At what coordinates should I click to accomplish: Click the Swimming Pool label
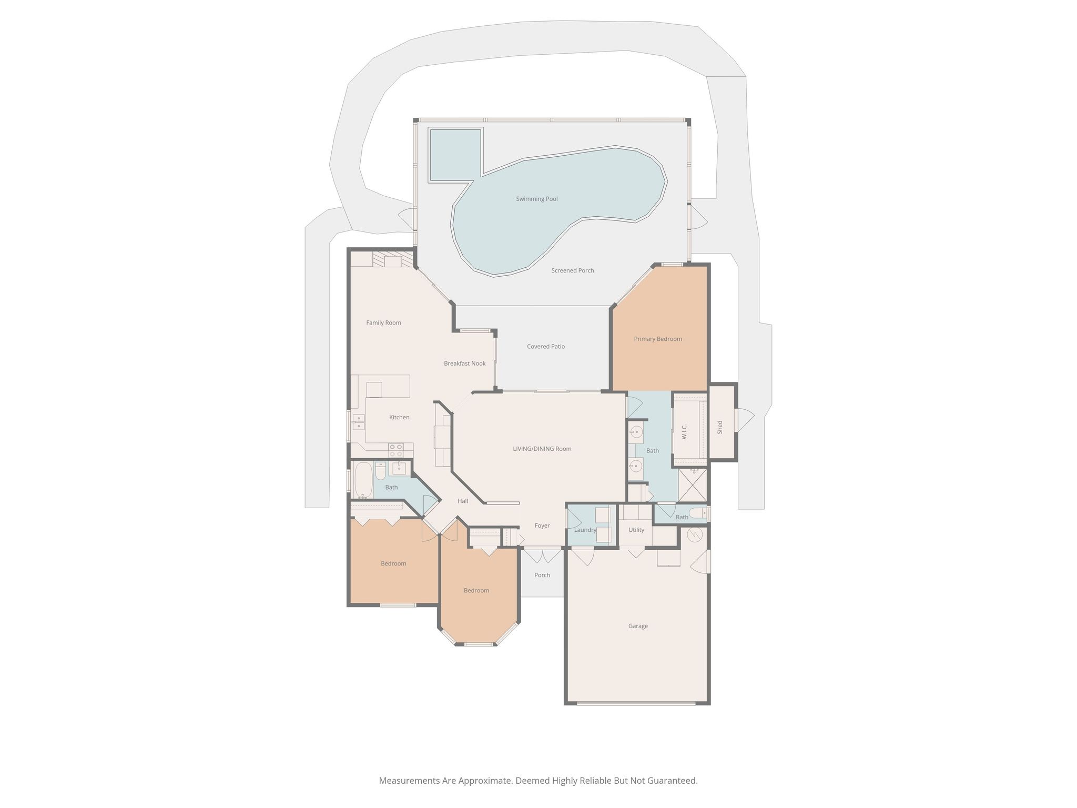pos(536,199)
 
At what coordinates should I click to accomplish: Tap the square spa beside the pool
pos(455,154)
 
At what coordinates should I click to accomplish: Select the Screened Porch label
pos(572,270)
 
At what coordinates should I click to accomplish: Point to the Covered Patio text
pos(545,347)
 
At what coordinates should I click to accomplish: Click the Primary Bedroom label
pos(657,339)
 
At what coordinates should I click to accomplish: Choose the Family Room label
pos(383,323)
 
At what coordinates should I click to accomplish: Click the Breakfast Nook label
pos(464,363)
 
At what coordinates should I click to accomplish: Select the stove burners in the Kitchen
pos(395,450)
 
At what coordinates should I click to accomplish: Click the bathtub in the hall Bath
pos(363,479)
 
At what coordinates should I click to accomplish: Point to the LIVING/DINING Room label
pos(542,449)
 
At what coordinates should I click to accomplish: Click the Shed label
pos(720,427)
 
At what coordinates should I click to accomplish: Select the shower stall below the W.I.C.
pos(693,485)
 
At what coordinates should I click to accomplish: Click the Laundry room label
pos(585,530)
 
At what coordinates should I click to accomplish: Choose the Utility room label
pos(636,530)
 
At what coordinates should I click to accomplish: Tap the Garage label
pos(637,626)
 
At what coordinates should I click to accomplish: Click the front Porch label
pos(542,575)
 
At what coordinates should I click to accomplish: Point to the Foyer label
pos(542,526)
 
